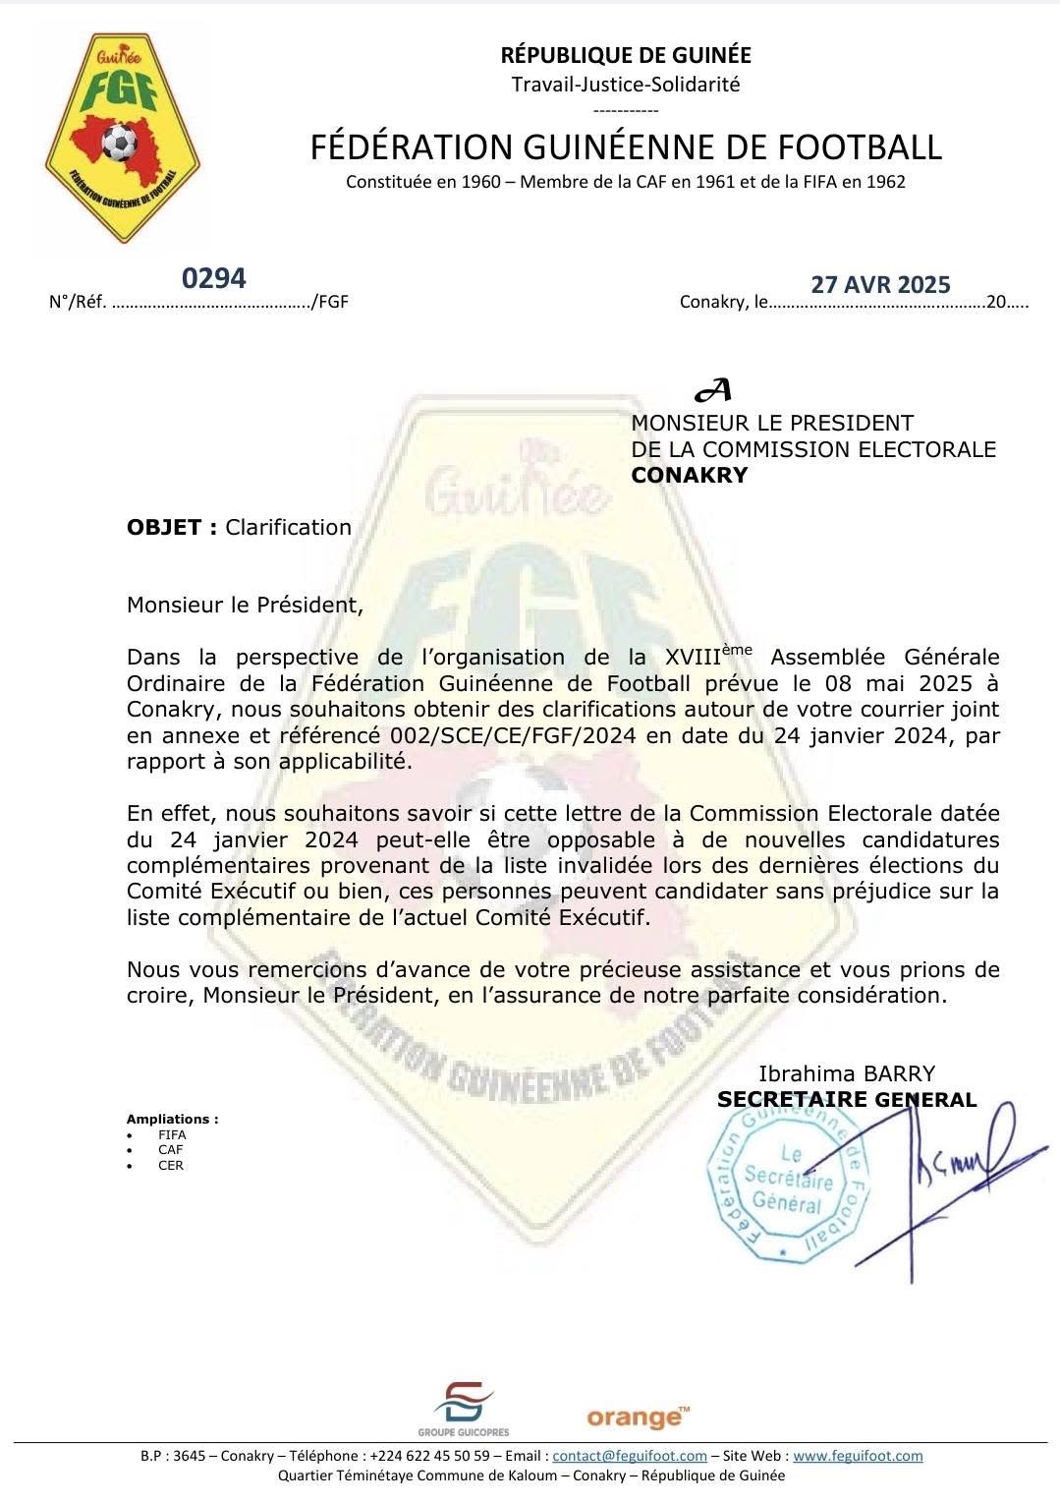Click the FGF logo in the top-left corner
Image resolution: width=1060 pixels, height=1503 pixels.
click(x=123, y=138)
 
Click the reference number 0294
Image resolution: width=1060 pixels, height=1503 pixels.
click(x=214, y=278)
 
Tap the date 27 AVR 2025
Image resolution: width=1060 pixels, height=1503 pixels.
click(x=880, y=284)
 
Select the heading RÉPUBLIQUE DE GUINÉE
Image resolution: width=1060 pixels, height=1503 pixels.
click(x=626, y=55)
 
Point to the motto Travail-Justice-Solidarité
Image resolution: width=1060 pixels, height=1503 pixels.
click(x=626, y=84)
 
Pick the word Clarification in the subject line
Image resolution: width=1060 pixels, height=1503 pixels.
click(x=289, y=527)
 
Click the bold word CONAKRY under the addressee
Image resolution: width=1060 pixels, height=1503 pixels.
click(x=689, y=476)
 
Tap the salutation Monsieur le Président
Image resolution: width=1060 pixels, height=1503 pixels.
click(x=245, y=605)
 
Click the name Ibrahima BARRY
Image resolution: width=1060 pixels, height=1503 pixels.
click(x=847, y=1073)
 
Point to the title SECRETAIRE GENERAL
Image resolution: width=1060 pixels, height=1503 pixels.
click(x=847, y=1100)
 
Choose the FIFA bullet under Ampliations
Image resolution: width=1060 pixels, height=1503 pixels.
click(x=171, y=1134)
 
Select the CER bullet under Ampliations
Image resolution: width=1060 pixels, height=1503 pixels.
click(x=171, y=1166)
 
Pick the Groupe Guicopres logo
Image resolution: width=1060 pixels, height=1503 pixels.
click(x=464, y=1410)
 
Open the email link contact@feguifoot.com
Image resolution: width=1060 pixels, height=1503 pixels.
click(x=630, y=1456)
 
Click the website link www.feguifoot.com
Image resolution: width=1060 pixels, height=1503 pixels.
click(x=858, y=1456)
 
